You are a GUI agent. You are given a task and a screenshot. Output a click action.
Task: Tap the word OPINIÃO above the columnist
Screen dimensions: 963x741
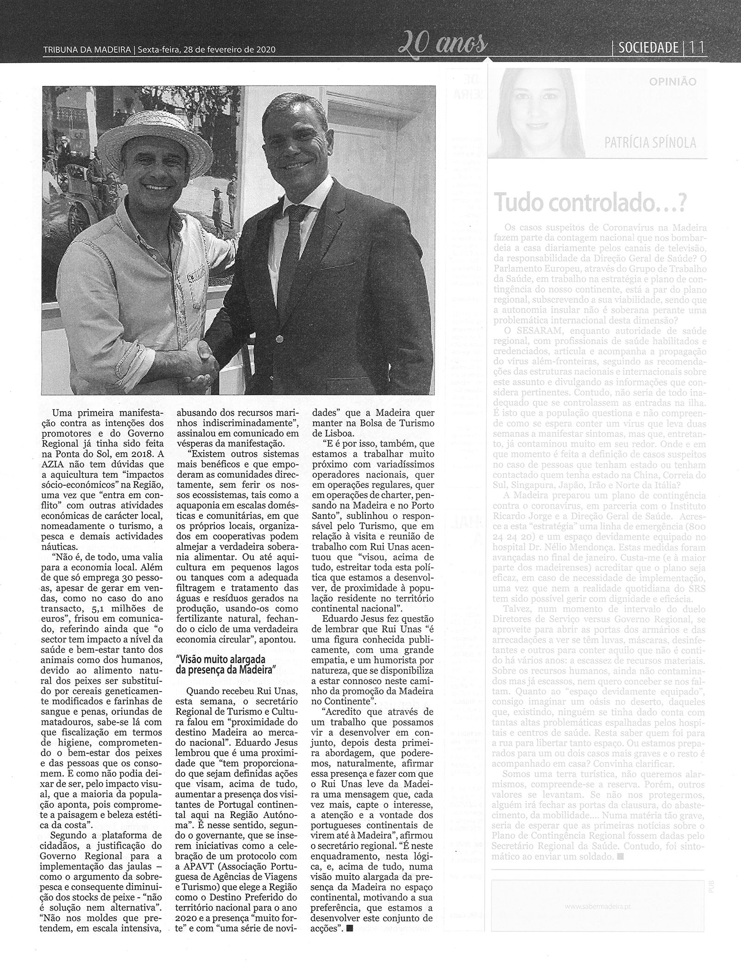pyautogui.click(x=672, y=82)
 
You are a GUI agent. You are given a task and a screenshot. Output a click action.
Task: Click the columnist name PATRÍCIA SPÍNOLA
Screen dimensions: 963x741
pyautogui.click(x=650, y=143)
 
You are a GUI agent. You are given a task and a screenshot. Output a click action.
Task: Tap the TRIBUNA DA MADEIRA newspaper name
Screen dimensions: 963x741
pyautogui.click(x=86, y=50)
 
